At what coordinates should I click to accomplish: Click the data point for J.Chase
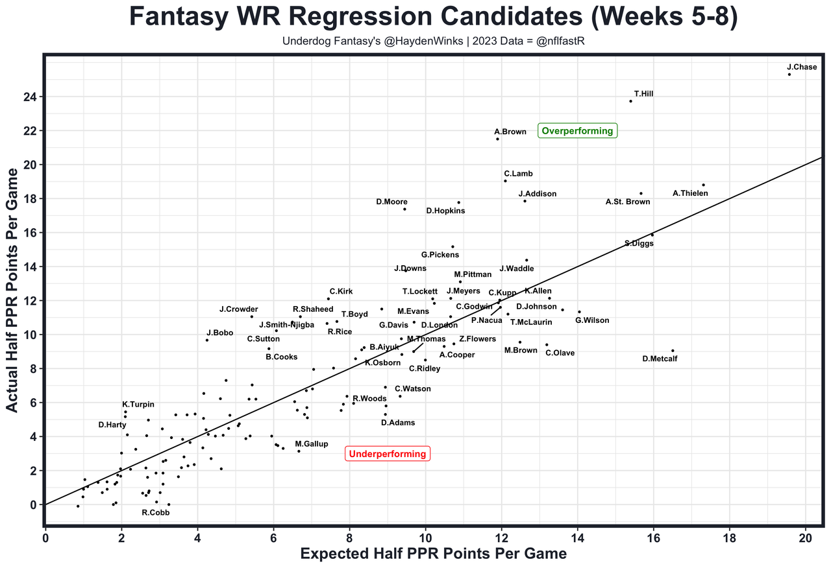pyautogui.click(x=789, y=75)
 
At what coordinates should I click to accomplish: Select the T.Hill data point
pyautogui.click(x=630, y=101)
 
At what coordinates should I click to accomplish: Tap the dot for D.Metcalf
pyautogui.click(x=673, y=351)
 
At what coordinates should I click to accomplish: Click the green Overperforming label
pyautogui.click(x=577, y=131)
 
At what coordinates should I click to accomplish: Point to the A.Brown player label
pyautogui.click(x=510, y=132)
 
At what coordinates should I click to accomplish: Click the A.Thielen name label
pyautogui.click(x=690, y=193)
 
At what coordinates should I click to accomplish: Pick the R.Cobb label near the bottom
pyautogui.click(x=155, y=512)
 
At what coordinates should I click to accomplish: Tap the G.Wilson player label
pyautogui.click(x=592, y=320)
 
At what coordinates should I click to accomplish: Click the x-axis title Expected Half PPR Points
pyautogui.click(x=433, y=554)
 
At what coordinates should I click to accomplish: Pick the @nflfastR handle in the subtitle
pyautogui.click(x=562, y=41)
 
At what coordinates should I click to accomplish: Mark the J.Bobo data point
pyautogui.click(x=207, y=340)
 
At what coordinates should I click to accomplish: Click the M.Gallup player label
pyautogui.click(x=312, y=444)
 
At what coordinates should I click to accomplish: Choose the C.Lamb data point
pyautogui.click(x=505, y=181)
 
